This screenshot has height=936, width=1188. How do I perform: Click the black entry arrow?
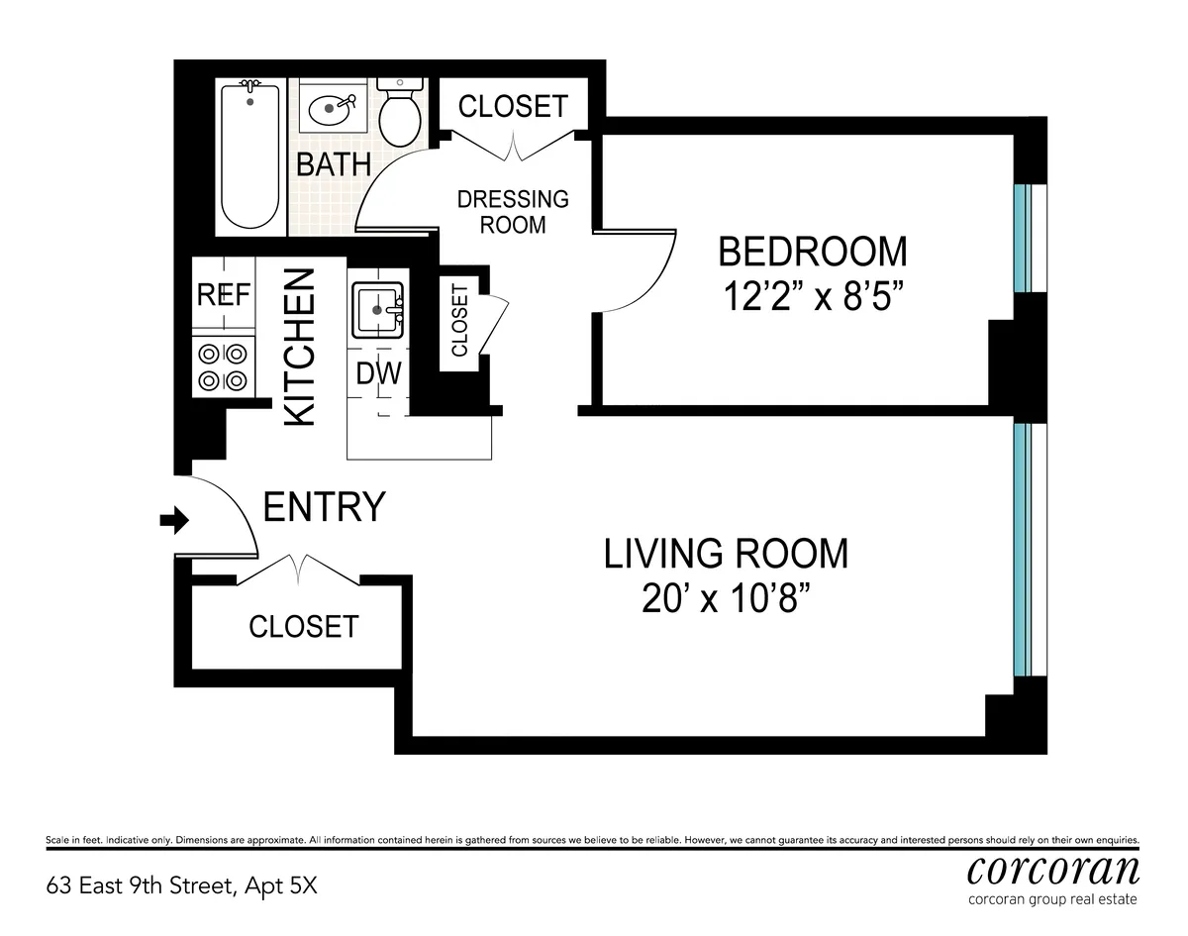174,520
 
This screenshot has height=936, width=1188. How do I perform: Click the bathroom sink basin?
330,108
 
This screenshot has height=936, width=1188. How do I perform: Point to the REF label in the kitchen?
224,295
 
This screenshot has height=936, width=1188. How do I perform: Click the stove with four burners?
224,365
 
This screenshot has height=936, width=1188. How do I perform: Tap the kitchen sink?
377,309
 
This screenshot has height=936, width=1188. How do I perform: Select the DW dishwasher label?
377,374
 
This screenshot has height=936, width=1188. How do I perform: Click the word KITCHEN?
300,347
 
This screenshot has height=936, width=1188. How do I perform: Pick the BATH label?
334,164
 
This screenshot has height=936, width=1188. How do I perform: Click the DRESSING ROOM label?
513,212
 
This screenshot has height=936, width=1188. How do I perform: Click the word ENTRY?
324,507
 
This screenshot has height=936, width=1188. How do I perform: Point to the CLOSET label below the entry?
303,626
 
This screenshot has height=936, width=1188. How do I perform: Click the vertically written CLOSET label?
459,321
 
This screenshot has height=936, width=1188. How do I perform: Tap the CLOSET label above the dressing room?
513,106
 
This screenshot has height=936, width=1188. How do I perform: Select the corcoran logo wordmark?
1052,870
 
